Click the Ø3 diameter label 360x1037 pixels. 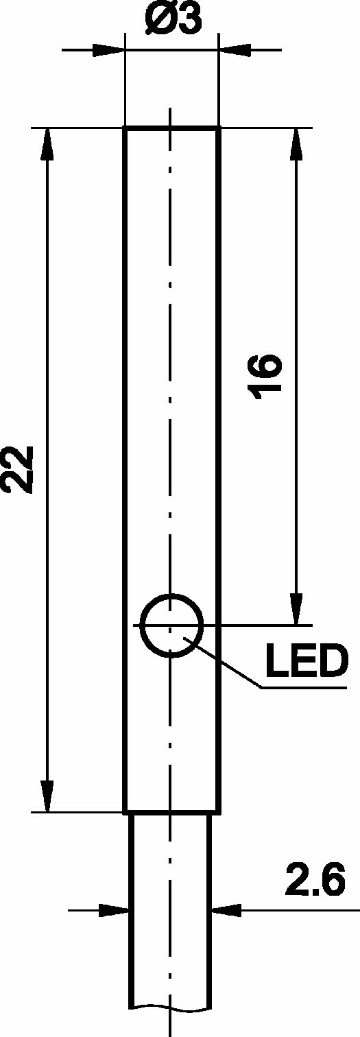[172, 19]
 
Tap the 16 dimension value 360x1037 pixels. [265, 377]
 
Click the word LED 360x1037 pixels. [307, 660]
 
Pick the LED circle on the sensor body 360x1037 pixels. [172, 625]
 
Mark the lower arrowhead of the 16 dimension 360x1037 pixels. [296, 610]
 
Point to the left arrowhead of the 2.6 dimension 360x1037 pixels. [114, 910]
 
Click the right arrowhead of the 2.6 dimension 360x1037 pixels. [227, 910]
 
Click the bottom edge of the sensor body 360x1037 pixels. [171, 812]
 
